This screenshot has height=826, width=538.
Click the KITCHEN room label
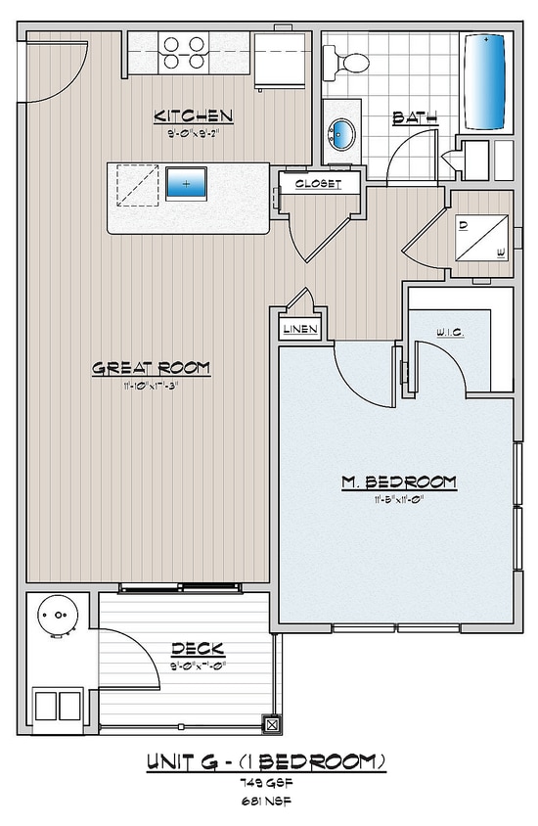pos(193,116)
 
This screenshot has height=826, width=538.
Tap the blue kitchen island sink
pos(186,183)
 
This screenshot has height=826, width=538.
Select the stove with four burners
pos(184,53)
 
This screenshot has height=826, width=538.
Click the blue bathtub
pos(484,82)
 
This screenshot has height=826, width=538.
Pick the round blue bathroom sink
pos(343,131)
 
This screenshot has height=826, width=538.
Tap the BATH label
pos(415,118)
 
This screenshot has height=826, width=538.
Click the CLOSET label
pos(316,183)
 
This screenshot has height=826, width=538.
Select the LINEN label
pos(299,329)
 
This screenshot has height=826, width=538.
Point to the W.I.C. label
pos(450,334)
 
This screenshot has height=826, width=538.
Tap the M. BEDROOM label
pos(398,482)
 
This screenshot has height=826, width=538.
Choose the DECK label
pos(198,649)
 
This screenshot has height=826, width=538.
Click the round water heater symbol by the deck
pos(55,618)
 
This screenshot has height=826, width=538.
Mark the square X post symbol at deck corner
pos(272,725)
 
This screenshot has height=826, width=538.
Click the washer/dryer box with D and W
pos(481,239)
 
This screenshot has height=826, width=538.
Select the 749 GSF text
pos(267,783)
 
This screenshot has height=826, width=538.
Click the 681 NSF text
pos(267,801)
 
